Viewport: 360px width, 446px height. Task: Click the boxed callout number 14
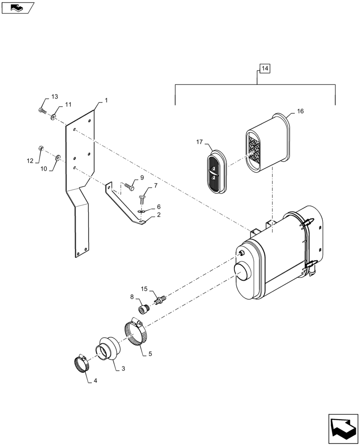point(265,69)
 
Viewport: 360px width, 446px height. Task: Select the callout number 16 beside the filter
point(300,111)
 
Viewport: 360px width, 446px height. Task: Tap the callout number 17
point(199,142)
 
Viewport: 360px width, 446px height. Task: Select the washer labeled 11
point(53,117)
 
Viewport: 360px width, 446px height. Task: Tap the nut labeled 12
point(41,149)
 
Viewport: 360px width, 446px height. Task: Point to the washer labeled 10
point(57,158)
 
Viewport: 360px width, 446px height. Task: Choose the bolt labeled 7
point(143,197)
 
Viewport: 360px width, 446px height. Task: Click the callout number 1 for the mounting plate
point(106,101)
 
